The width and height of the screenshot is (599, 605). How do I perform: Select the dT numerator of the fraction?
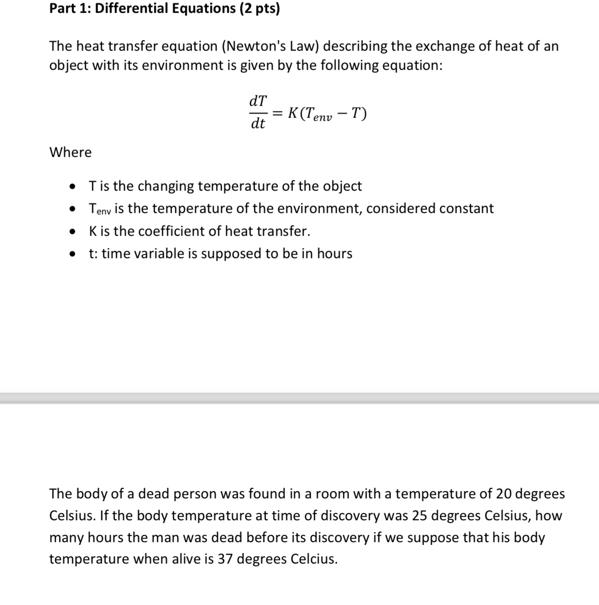[x=258, y=100]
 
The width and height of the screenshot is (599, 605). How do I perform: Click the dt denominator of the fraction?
[x=258, y=123]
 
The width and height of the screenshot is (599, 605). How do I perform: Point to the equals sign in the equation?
[x=277, y=113]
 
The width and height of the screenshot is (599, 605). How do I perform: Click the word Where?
[x=70, y=152]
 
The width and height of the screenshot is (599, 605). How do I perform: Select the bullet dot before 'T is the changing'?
[x=72, y=186]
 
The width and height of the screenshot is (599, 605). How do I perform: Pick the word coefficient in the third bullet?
[x=171, y=231]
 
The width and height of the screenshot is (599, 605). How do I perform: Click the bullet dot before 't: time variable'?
[x=72, y=254]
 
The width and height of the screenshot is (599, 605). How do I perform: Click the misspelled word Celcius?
[x=314, y=559]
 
